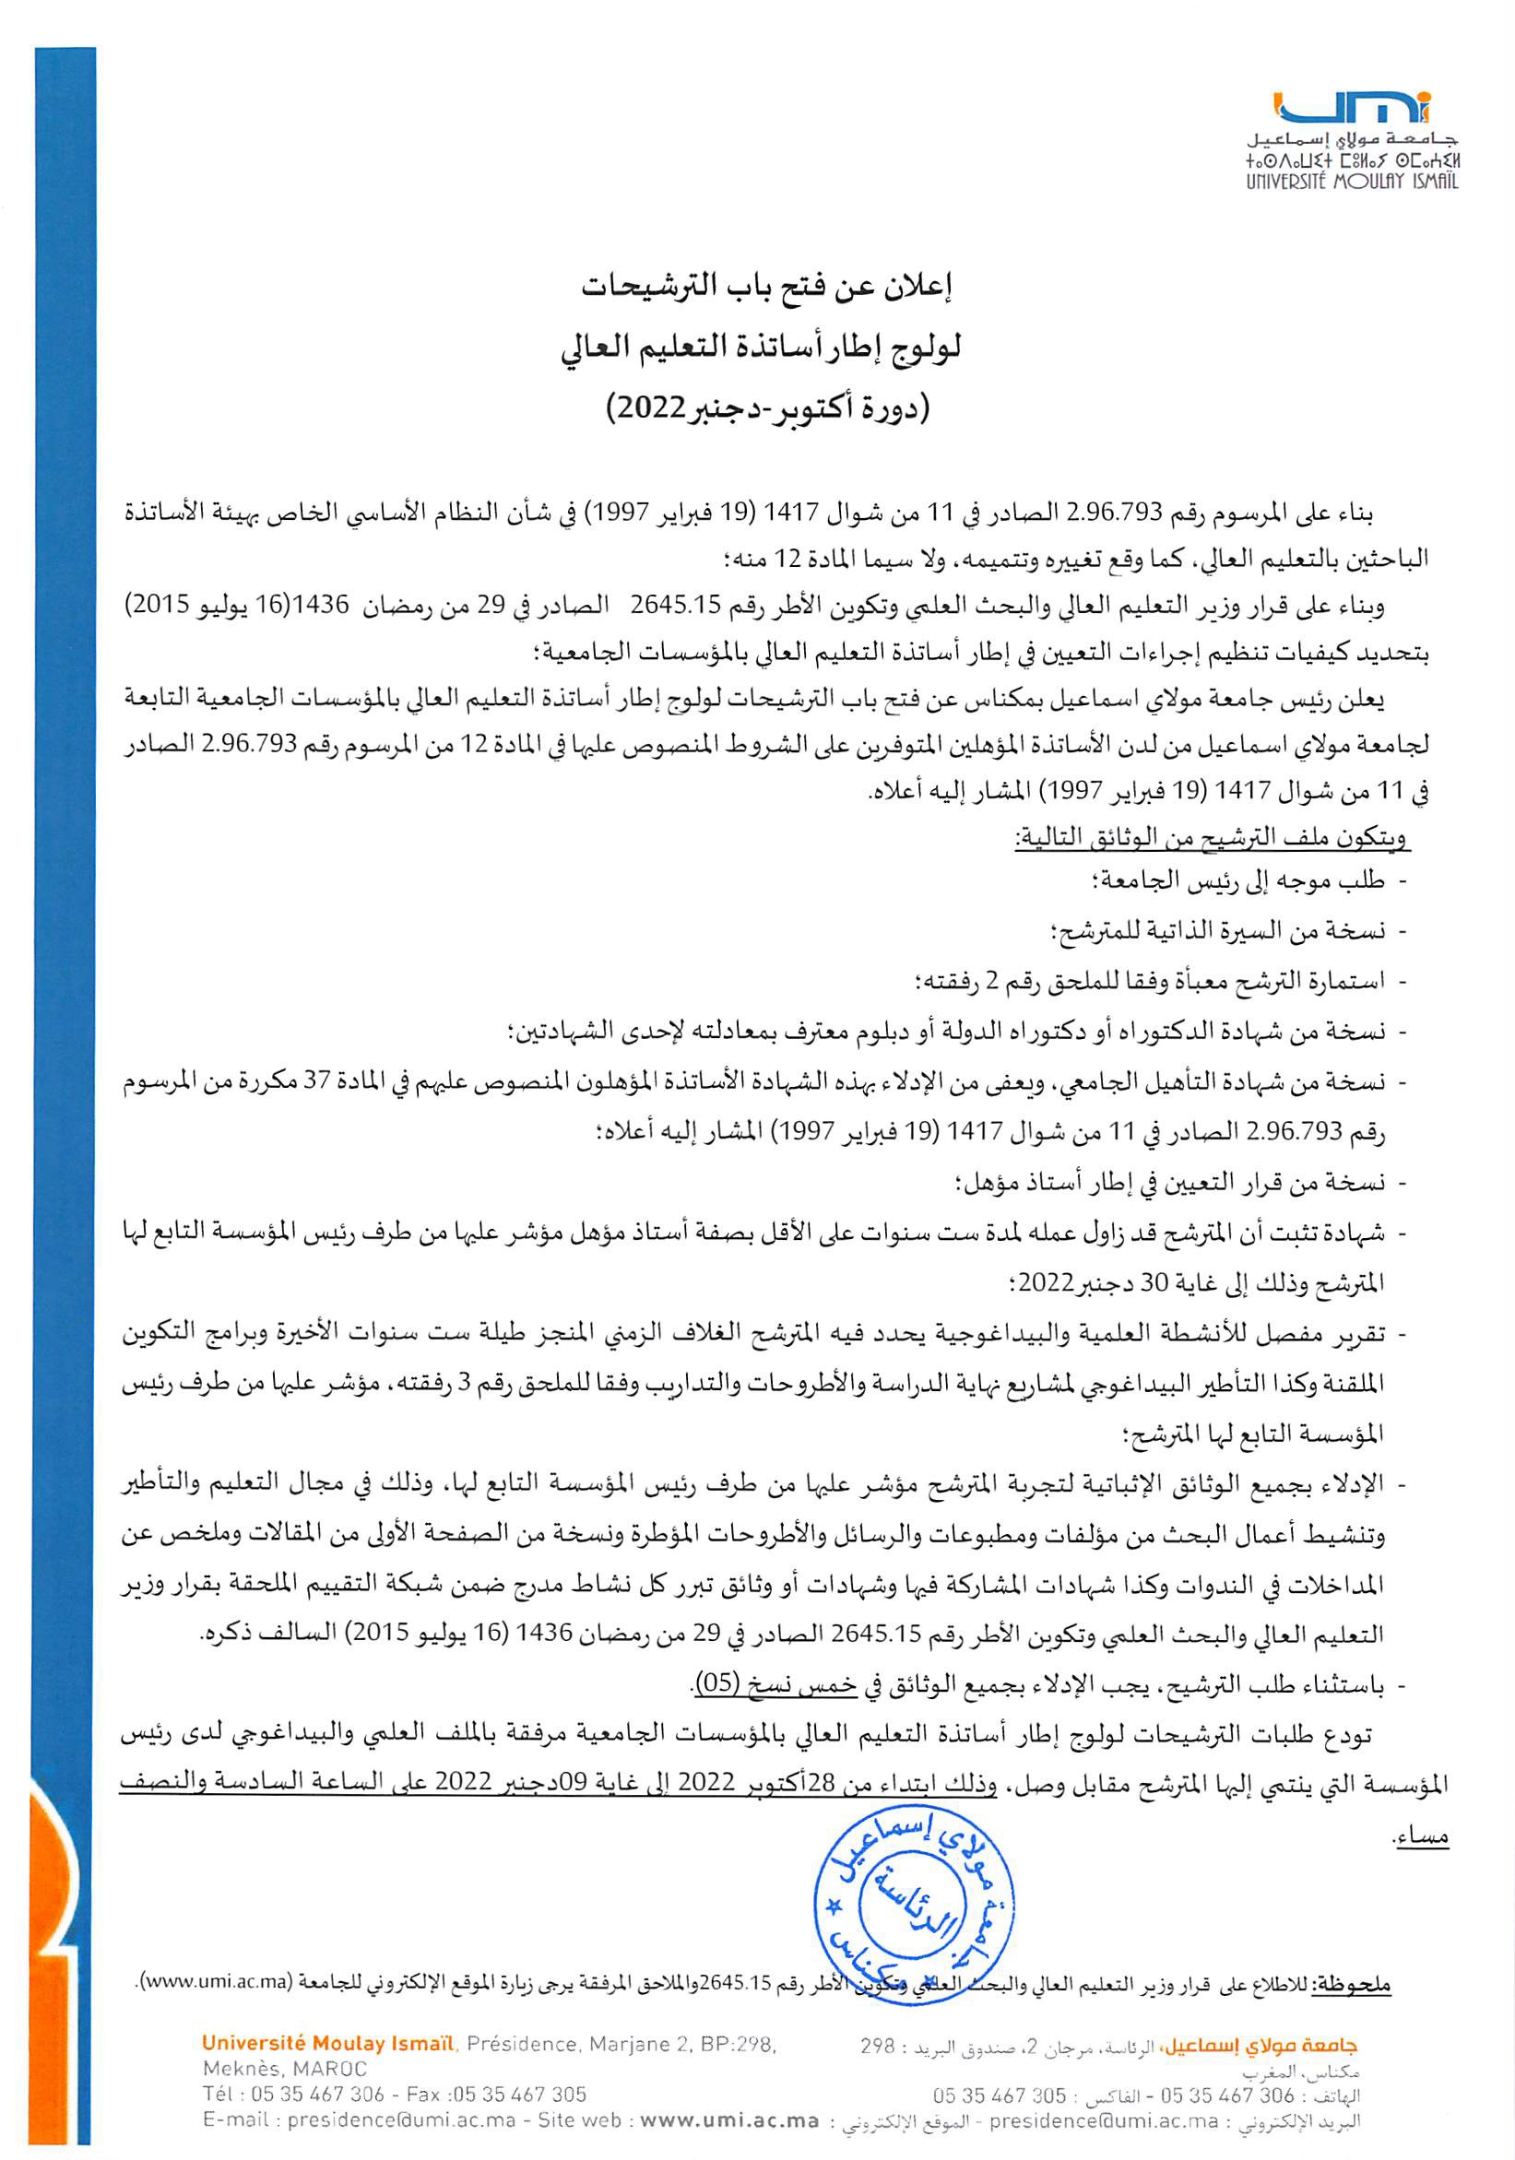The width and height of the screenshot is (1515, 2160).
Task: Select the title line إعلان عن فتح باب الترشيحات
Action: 764,288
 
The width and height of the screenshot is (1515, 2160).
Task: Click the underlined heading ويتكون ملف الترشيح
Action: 1210,838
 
